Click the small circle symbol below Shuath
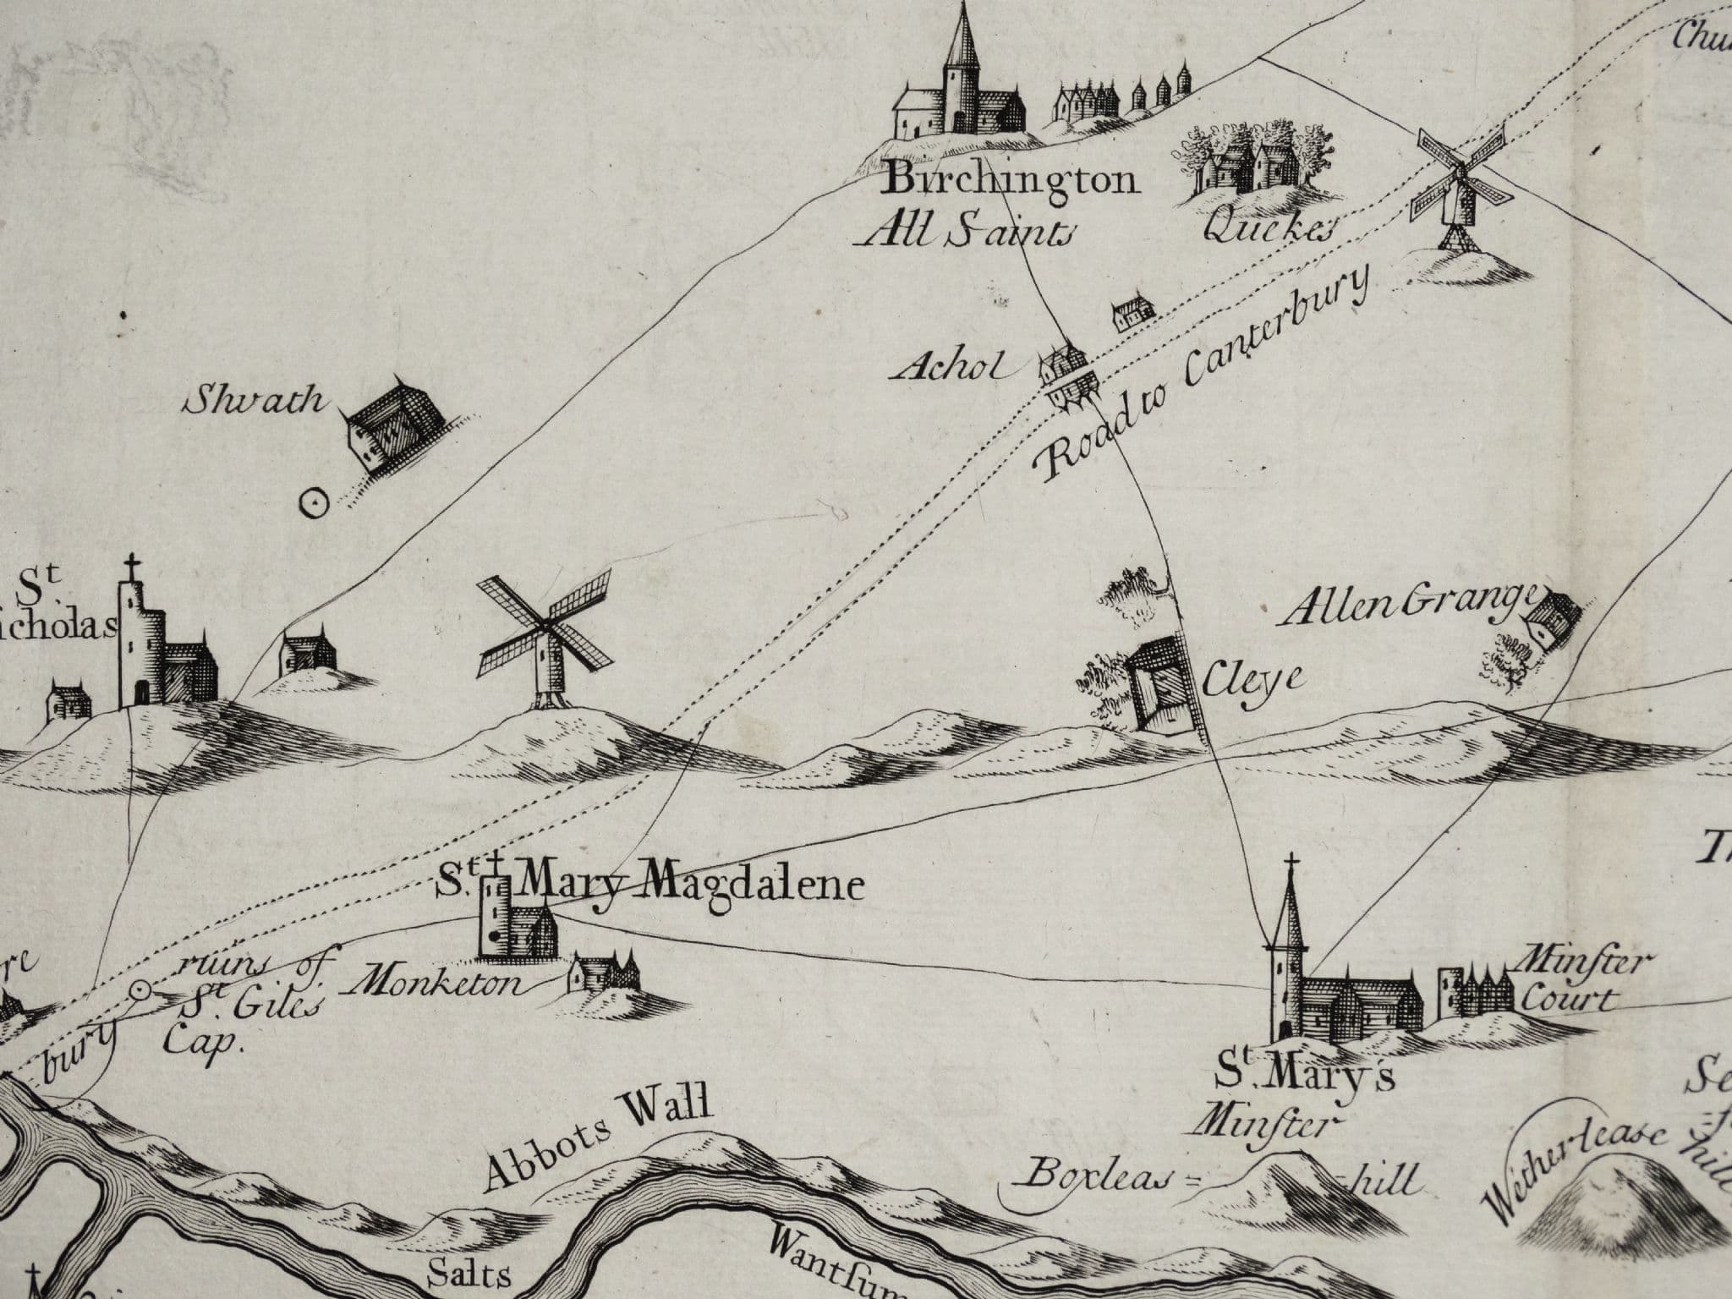314,504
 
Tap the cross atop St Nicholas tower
131,566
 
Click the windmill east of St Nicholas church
546,643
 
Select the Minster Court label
1574,982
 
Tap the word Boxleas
1099,1176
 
